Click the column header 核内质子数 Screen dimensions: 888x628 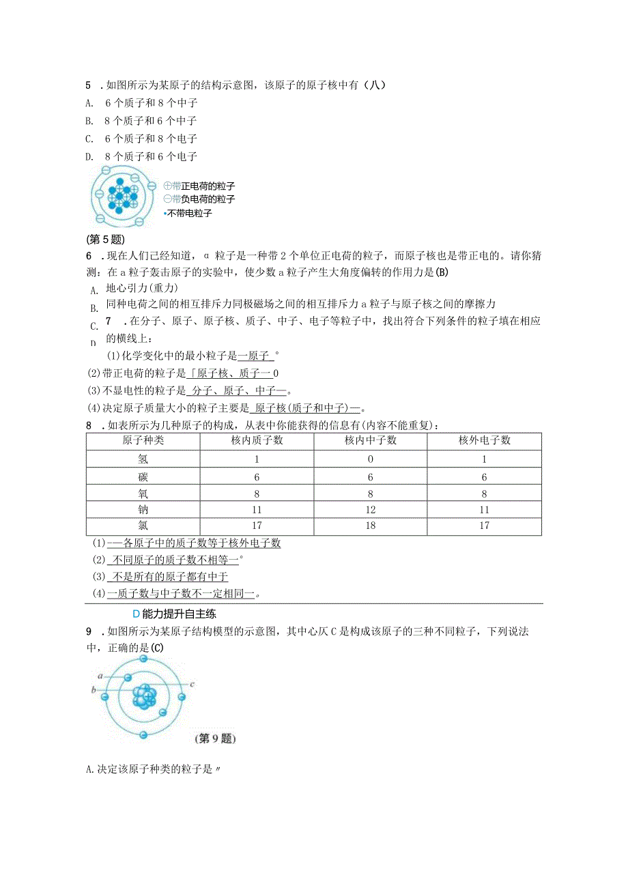pos(257,440)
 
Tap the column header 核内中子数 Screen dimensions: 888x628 pos(370,440)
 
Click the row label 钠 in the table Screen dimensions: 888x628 pos(143,510)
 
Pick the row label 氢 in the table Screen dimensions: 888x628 pos(143,459)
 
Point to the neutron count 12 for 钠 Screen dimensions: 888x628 pos(370,510)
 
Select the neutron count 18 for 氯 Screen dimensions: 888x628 pos(370,526)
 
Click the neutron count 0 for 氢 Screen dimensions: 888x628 pos(370,459)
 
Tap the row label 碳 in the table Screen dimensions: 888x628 pos(143,476)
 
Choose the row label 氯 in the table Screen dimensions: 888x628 pos(143,526)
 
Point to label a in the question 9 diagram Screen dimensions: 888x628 pos(100,676)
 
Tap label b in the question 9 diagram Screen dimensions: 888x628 pos(94,691)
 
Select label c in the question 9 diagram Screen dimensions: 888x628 pos(193,683)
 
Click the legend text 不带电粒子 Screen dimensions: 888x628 pos(189,214)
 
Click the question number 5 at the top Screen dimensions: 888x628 pos(89,85)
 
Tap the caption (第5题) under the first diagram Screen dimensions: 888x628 pos(106,239)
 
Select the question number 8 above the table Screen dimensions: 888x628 pos(89,425)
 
